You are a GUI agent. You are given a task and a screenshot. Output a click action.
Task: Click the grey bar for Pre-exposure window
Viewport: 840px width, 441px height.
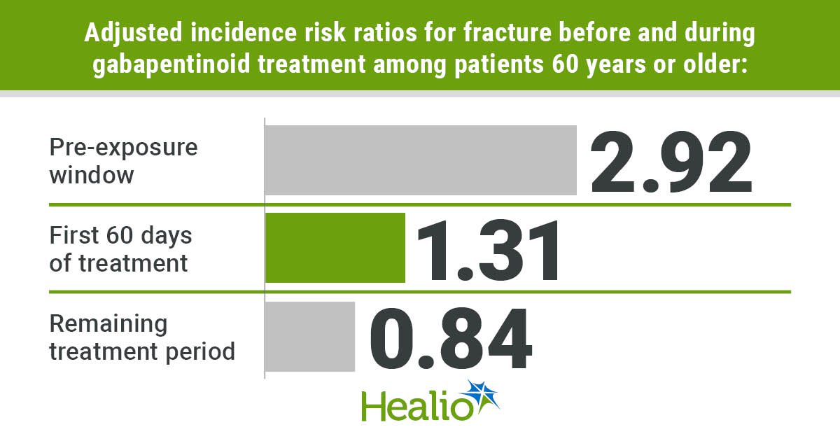421,160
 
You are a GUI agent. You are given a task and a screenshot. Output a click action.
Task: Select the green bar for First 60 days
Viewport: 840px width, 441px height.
335,248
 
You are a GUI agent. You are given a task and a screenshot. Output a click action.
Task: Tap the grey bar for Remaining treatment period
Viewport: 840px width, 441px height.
310,337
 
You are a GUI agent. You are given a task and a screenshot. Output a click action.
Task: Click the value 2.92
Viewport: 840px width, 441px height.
671,162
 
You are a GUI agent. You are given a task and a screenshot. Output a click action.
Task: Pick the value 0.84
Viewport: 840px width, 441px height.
451,338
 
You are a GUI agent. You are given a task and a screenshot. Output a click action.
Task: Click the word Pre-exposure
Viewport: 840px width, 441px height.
123,147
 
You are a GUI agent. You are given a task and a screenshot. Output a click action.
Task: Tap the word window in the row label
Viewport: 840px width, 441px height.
92,175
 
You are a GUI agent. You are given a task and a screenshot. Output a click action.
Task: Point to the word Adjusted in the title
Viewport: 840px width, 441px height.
134,34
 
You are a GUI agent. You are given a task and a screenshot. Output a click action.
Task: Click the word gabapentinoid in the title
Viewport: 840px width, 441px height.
171,64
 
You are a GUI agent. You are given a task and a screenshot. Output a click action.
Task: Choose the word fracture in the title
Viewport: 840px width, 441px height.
507,32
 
